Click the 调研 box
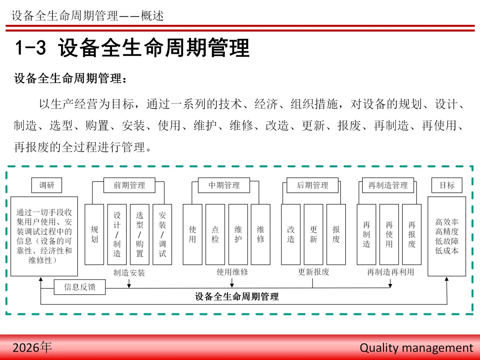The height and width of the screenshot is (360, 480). coord(47,185)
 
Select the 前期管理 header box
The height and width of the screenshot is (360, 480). coord(129,185)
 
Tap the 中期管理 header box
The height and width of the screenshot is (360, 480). coord(224,185)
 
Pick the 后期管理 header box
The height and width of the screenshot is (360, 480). coord(312,185)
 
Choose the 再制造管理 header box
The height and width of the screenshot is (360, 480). coord(388,185)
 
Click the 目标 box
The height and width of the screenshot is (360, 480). coord(447,185)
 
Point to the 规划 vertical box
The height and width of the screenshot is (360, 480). coord(94,234)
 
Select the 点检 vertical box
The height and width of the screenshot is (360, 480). coord(215,234)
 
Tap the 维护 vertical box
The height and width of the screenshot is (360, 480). coord(238,234)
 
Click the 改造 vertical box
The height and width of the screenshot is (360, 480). coord(291,234)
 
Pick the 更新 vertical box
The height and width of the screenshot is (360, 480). coord(313,234)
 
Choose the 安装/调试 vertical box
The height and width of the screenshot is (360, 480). coord(162,234)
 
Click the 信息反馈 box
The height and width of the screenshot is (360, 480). coord(80,287)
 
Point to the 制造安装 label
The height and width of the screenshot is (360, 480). coord(129,272)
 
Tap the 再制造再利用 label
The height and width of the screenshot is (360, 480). coord(391,272)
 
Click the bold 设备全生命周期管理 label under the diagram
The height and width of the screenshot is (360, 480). coord(237,296)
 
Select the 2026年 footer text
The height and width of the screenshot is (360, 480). coord(32,347)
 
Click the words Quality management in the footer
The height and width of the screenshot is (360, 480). coord(416,348)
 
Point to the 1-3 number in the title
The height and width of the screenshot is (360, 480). coord(31,48)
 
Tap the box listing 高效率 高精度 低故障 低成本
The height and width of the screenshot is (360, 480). coord(447,236)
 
